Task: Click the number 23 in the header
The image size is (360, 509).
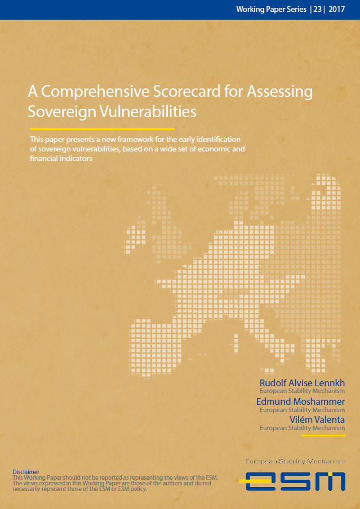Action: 318,10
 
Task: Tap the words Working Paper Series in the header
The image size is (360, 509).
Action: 271,10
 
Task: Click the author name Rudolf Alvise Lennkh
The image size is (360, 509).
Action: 302,383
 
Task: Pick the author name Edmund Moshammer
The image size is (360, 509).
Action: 301,401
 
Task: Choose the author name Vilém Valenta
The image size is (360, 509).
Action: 317,420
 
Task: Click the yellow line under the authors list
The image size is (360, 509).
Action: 323,435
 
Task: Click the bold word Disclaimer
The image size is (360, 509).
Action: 26,472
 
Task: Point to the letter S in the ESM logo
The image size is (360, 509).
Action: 292,481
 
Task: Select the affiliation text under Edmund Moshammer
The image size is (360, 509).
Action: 302,410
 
